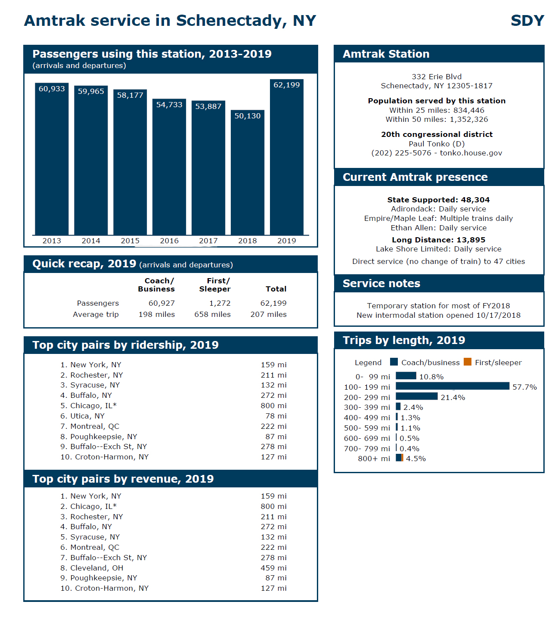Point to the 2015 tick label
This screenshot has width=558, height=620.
click(130, 241)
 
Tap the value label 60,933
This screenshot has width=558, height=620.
click(52, 89)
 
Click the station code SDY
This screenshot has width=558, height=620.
click(527, 21)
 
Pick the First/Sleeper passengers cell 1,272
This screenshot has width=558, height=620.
click(220, 303)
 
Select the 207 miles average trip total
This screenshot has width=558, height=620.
click(268, 314)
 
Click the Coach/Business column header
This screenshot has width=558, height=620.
click(156, 285)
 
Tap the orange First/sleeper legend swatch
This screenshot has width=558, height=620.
click(468, 362)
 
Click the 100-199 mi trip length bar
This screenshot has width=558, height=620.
click(452, 386)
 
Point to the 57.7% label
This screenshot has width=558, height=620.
click(524, 387)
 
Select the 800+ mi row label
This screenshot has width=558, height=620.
click(374, 459)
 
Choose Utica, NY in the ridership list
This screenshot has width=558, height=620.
click(87, 416)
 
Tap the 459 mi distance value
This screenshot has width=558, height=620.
click(273, 568)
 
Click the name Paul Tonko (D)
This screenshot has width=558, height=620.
click(437, 144)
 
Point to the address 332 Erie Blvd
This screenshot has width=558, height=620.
click(437, 77)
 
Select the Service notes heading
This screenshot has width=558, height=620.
click(381, 283)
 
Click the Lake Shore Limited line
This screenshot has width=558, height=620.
click(438, 249)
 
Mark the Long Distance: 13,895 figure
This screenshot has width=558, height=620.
click(438, 240)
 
